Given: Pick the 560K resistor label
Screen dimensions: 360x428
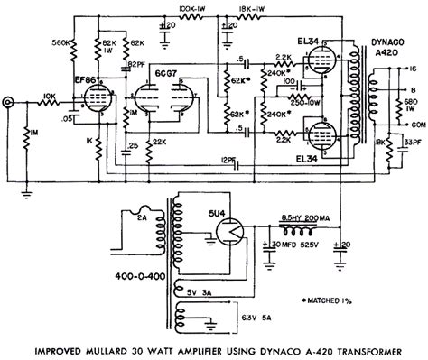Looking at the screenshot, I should pos(61,42).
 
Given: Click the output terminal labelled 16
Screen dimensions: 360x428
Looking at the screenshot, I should pos(413,67).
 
